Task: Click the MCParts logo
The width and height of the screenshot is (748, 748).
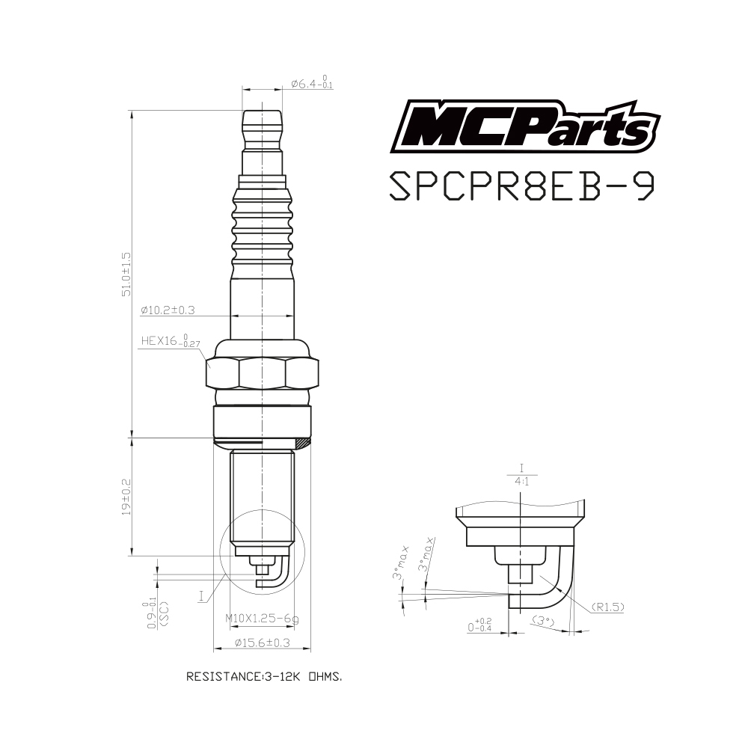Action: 525,126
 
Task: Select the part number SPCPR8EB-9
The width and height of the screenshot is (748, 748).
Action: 522,186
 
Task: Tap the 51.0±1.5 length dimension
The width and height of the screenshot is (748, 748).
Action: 126,275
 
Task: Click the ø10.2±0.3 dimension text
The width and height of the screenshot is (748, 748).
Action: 168,310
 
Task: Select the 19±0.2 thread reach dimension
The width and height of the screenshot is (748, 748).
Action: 126,497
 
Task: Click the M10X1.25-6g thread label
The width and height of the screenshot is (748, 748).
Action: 262,619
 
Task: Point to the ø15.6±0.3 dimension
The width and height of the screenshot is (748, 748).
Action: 263,643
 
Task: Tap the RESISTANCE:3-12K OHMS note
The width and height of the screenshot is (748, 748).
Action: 264,676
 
